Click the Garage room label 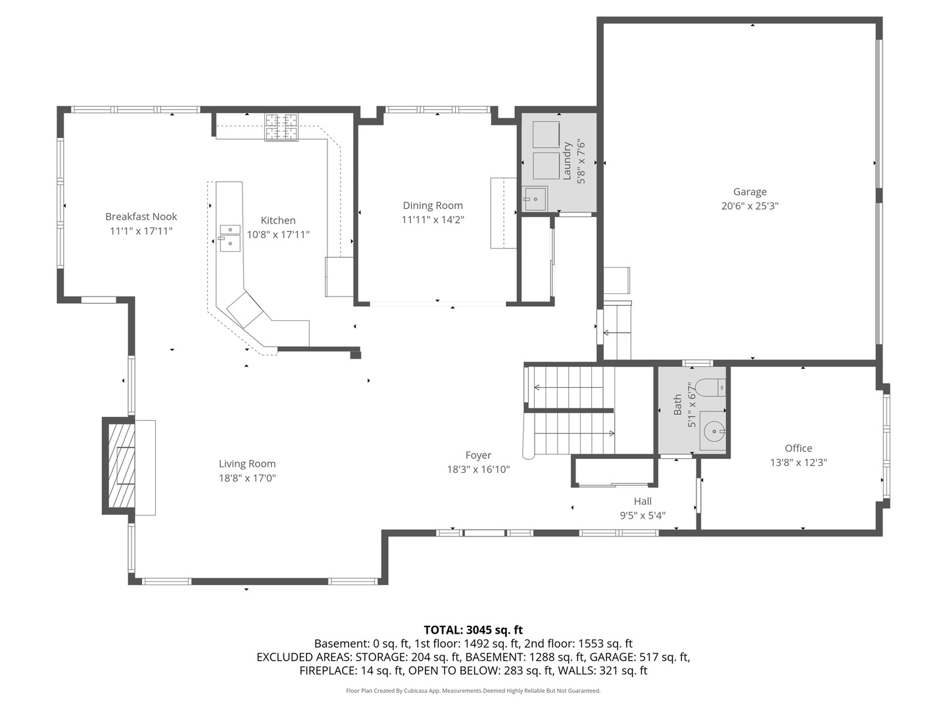click(750, 192)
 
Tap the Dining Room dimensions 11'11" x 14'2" click(433, 220)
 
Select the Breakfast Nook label click(141, 216)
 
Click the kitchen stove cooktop click(281, 127)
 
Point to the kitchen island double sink click(230, 238)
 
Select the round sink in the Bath click(713, 432)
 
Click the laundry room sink click(535, 199)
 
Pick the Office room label click(798, 448)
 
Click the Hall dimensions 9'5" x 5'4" click(643, 515)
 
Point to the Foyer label click(478, 455)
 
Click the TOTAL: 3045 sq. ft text click(473, 630)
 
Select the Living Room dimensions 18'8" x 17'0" click(247, 478)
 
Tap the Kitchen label click(278, 220)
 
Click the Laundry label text click(566, 161)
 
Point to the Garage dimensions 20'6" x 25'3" click(750, 206)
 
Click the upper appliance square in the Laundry click(546, 134)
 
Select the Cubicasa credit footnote click(473, 691)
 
